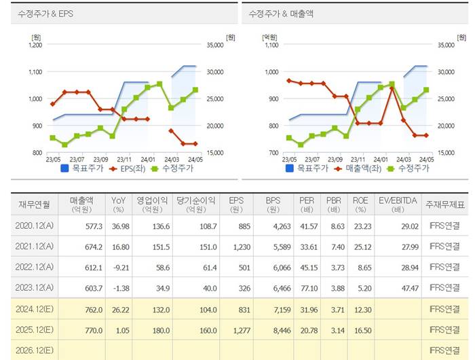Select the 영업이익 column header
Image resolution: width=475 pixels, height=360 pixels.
[x=153, y=204]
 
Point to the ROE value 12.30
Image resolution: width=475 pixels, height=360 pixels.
[x=360, y=310]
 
